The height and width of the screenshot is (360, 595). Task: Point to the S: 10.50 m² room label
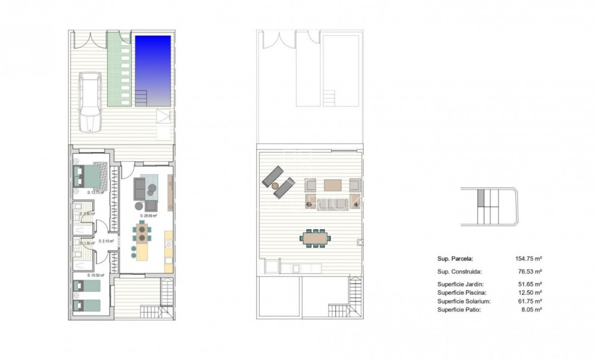96,275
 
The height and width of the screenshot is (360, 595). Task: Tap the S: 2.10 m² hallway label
108,241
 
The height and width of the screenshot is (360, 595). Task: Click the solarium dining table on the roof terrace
314,239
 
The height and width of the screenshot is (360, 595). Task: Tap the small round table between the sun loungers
276,186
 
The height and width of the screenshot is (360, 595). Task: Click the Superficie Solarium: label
464,301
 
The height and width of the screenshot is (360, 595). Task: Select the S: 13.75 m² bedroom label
95,192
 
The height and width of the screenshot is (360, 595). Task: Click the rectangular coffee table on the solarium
332,184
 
